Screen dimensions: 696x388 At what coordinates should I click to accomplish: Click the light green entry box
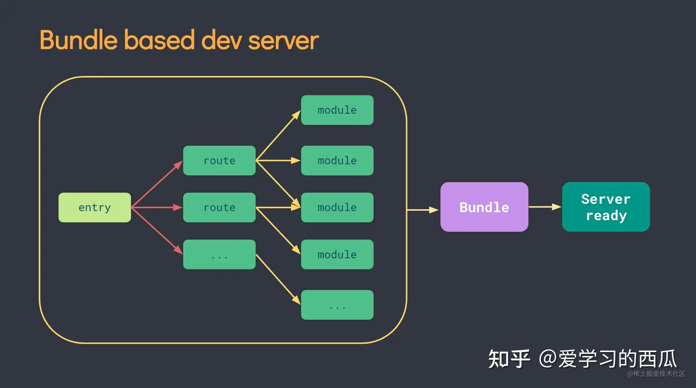95,207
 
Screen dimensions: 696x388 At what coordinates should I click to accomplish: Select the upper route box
219,161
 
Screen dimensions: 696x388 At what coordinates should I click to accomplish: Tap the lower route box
219,207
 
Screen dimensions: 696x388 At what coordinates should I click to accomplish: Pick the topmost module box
337,110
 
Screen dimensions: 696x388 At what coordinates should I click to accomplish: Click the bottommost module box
337,254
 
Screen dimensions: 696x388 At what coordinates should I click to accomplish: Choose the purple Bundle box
484,207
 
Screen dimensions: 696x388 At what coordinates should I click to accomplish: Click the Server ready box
606,207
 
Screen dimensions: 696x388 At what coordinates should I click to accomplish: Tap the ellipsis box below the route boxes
219,254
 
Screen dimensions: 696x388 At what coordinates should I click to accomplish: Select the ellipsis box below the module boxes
337,305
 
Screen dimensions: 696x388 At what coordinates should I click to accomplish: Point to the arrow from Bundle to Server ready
545,207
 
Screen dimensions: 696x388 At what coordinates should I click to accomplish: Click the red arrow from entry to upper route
157,184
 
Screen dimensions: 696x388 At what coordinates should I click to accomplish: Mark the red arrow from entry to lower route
157,207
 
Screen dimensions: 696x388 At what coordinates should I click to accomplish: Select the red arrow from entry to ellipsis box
157,231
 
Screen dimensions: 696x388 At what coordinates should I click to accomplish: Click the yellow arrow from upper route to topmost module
278,135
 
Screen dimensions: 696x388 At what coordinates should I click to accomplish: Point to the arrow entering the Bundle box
423,210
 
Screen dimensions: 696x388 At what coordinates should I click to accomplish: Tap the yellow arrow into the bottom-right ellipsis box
278,279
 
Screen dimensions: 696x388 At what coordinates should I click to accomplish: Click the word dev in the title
221,40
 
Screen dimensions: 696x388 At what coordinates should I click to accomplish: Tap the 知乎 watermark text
509,359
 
